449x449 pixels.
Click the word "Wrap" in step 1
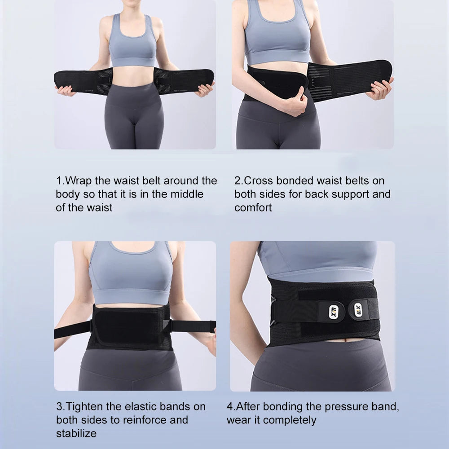[x=78, y=181]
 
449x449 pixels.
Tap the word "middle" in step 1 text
[x=187, y=194]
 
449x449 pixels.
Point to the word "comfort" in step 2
[x=253, y=207]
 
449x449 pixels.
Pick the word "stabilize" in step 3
[x=76, y=433]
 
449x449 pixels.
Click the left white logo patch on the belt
[x=334, y=312]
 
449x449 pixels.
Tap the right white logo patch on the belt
[x=358, y=309]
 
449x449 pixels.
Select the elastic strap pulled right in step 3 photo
[x=193, y=326]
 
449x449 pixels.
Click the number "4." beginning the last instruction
[x=231, y=407]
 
